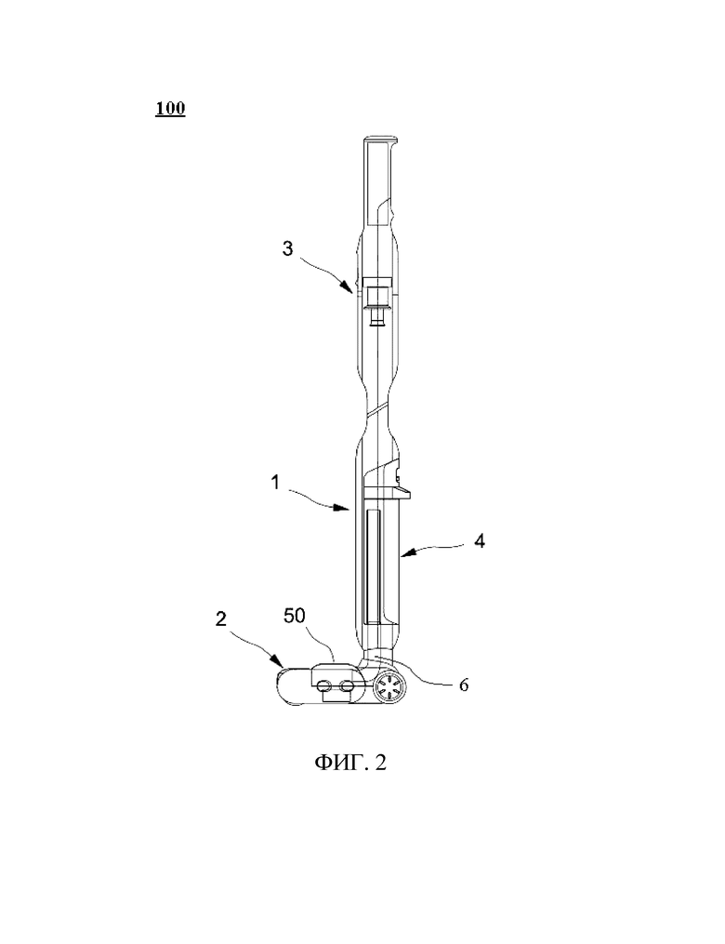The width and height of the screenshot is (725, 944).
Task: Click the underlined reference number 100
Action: click(170, 109)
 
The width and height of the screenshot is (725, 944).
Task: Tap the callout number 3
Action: click(287, 247)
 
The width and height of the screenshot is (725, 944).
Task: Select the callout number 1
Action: click(275, 483)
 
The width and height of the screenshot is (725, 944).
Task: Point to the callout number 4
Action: click(479, 541)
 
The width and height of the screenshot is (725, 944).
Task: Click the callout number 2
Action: click(221, 618)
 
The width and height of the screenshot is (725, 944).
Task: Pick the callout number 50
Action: click(295, 616)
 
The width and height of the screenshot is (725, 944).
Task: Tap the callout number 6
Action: click(463, 685)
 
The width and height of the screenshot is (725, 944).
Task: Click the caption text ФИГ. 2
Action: click(350, 763)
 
